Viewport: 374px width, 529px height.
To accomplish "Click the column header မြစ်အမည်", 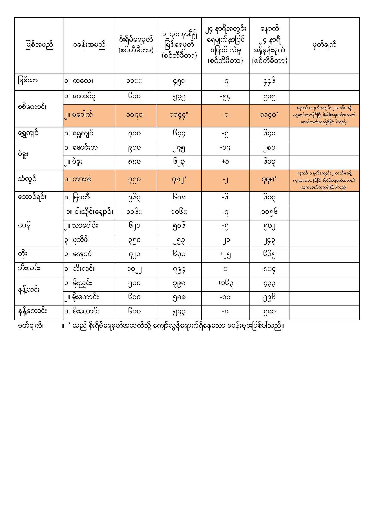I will click(39, 45).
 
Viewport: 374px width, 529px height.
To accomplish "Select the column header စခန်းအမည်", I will click(89, 45).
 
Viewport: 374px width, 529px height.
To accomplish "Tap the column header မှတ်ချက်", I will click(324, 45).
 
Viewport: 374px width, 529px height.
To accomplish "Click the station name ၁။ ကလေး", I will click(79, 81).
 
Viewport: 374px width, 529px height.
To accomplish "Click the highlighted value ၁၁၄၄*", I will click(179, 114).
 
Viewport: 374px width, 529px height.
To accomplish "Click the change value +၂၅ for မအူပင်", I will click(225, 254).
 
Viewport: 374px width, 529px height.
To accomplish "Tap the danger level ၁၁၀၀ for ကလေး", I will click(136, 81).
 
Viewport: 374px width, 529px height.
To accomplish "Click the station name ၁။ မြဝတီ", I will click(78, 198).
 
